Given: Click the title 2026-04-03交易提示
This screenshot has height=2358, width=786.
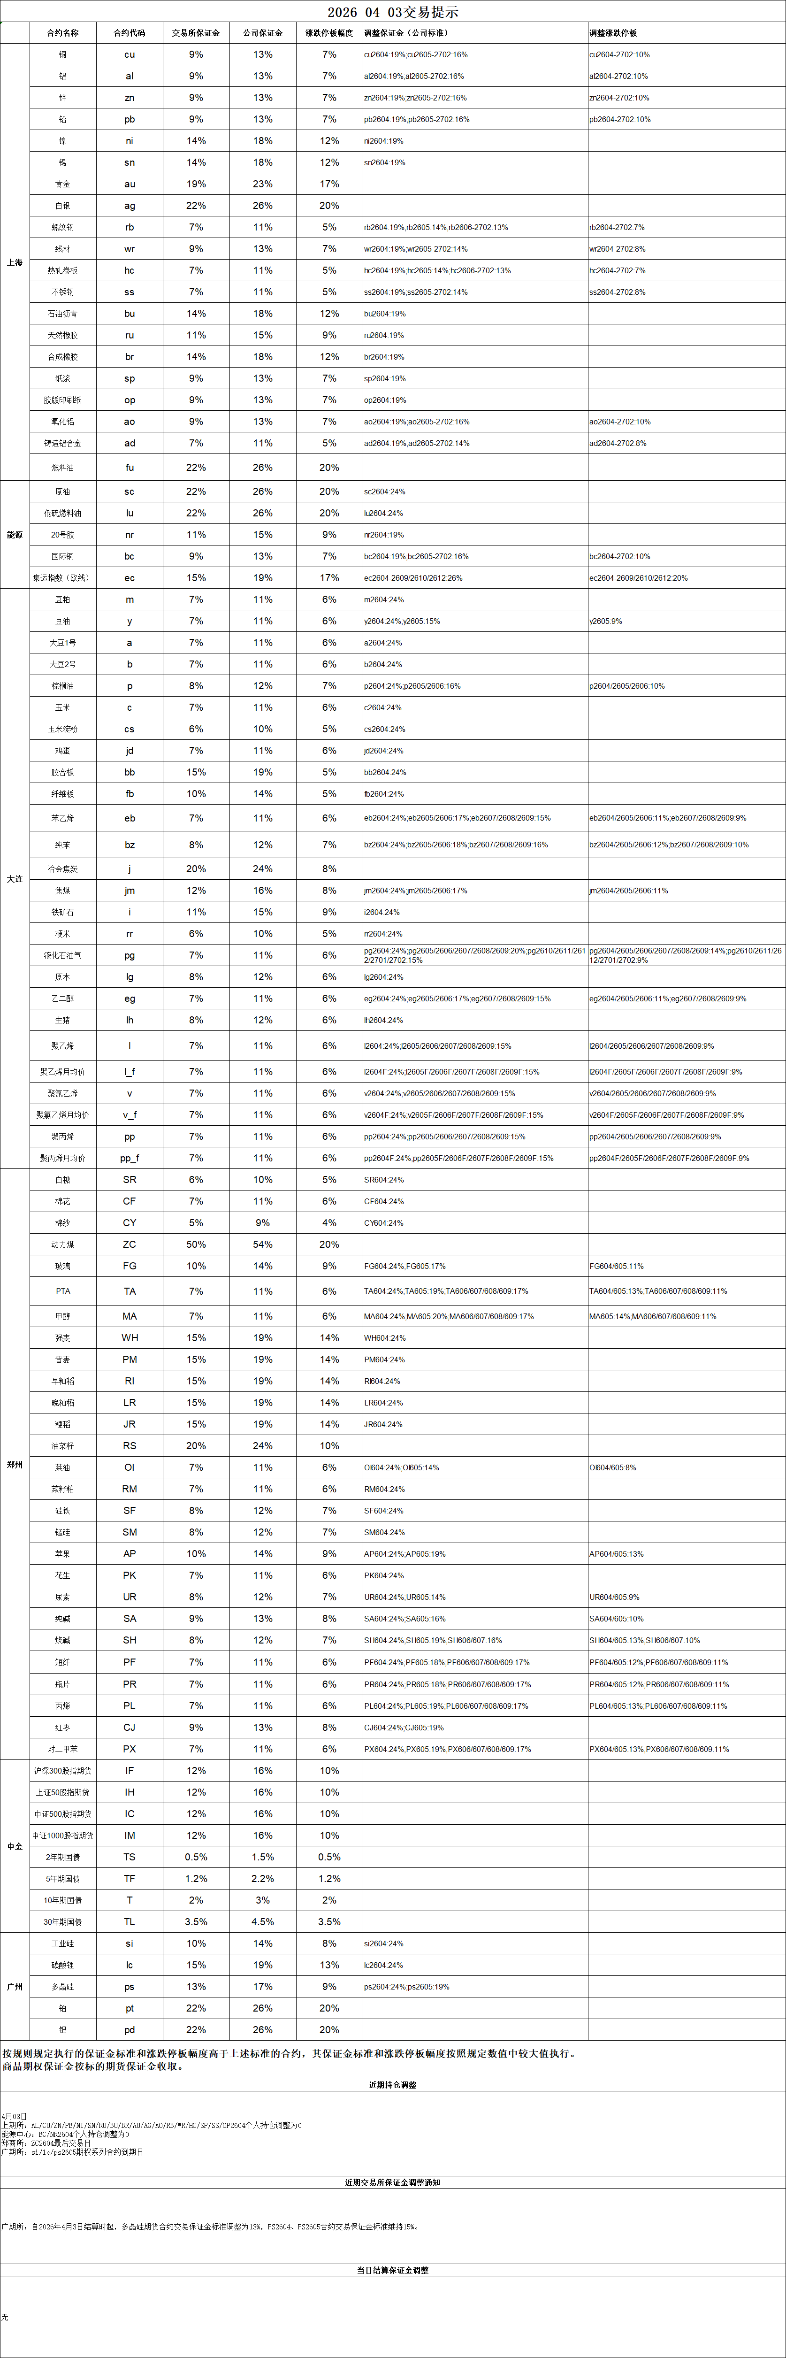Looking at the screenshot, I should (393, 12).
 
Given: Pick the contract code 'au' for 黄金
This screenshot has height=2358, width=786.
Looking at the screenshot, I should (129, 184).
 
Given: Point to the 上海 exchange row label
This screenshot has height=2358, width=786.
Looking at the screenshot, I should (15, 263).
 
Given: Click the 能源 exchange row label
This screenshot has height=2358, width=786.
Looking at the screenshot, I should (15, 535).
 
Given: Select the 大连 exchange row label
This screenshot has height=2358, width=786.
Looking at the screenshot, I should (15, 879).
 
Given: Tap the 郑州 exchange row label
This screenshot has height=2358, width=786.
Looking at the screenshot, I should (15, 1465).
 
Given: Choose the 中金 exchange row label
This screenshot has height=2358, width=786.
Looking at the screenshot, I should (15, 1846).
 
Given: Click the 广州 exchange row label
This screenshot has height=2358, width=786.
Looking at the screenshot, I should (15, 1986).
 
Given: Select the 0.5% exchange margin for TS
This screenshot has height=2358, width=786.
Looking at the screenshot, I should (196, 1857).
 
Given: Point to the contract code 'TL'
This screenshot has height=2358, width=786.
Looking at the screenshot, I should (129, 1921).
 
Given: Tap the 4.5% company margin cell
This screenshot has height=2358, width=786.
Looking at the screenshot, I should (263, 1921).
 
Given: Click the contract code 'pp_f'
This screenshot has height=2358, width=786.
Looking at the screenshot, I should (129, 1158).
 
